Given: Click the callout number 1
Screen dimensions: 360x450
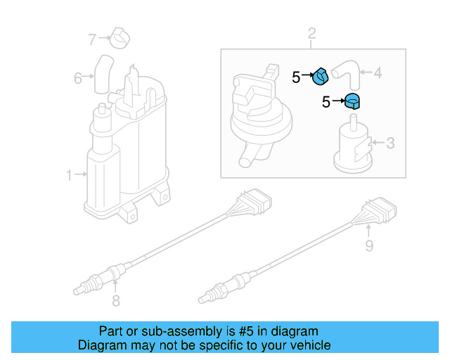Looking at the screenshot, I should click(x=69, y=175).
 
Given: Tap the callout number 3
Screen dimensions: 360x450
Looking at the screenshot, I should click(x=390, y=143).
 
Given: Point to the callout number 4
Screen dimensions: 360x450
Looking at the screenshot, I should click(x=377, y=72).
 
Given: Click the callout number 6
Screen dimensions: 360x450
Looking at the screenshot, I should click(x=78, y=77).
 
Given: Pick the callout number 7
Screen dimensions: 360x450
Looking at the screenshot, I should click(x=91, y=39).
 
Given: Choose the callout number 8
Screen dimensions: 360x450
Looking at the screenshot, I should click(x=116, y=302).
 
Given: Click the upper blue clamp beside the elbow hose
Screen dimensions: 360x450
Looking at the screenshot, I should click(x=321, y=75).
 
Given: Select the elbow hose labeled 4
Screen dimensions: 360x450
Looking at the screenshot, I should click(x=344, y=70).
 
